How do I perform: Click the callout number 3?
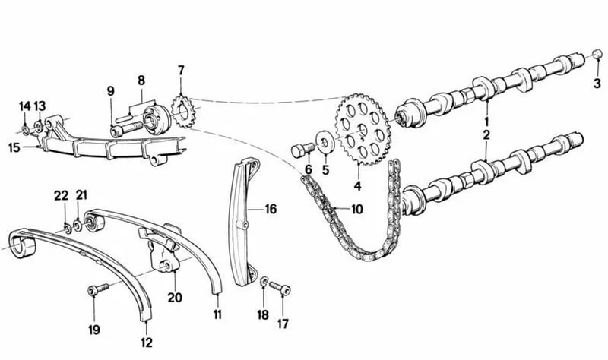click(597, 83)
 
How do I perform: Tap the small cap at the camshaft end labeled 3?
click(597, 55)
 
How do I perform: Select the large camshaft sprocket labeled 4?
click(363, 129)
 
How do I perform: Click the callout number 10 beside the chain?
click(357, 210)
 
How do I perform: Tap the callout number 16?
click(271, 210)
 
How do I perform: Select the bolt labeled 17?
click(280, 289)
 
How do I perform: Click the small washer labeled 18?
click(264, 282)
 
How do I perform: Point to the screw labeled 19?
click(98, 289)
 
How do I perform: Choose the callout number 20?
click(175, 298)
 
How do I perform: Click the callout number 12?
click(147, 343)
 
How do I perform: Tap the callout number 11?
click(217, 314)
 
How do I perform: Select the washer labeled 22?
click(67, 229)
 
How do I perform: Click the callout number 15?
click(14, 147)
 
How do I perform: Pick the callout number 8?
click(141, 81)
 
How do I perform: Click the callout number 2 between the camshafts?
click(486, 135)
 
